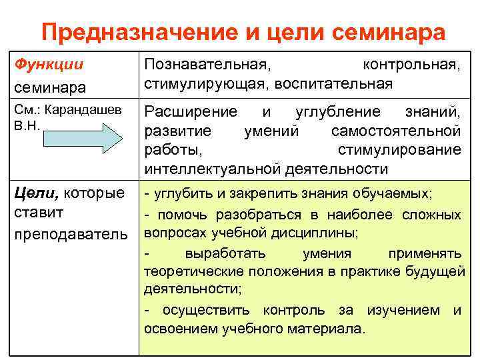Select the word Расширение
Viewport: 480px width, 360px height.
coord(190,111)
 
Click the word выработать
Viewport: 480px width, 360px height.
coord(225,253)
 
